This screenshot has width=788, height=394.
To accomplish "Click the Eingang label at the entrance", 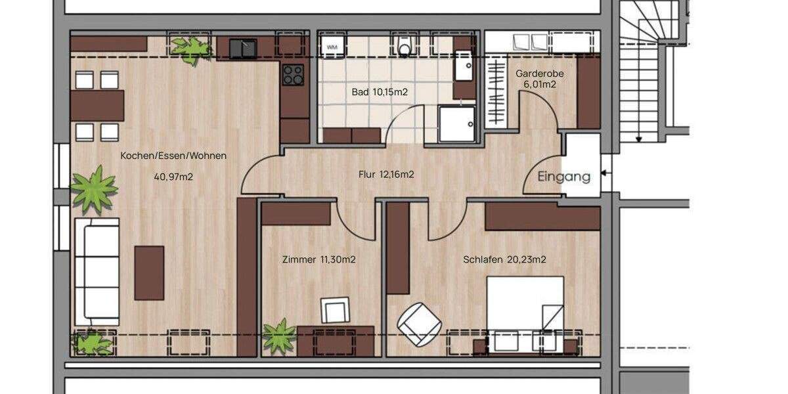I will [x=563, y=177].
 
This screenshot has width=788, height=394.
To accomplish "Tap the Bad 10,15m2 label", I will [x=380, y=93].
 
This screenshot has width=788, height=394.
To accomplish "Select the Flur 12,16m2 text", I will [x=386, y=175].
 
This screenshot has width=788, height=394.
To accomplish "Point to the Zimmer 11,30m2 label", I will [x=318, y=259].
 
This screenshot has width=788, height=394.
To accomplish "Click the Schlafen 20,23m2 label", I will [x=504, y=259].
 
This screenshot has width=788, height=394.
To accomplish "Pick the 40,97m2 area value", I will [x=173, y=177].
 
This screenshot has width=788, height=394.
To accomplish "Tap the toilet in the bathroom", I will [x=405, y=46].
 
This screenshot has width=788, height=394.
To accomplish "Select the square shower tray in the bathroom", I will [x=457, y=124].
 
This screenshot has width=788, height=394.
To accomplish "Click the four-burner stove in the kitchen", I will [x=293, y=75].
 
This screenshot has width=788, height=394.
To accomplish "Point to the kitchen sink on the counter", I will [x=243, y=49].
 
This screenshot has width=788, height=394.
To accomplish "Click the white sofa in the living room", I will [x=97, y=271].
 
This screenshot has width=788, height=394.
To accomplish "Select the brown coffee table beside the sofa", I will [x=149, y=273].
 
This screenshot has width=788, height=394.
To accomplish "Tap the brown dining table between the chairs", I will [x=97, y=106].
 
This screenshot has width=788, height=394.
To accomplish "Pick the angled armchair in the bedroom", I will [x=419, y=323].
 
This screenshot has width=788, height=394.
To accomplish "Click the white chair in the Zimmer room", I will [x=336, y=310].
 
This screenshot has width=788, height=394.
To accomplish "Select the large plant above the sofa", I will [x=94, y=189].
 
